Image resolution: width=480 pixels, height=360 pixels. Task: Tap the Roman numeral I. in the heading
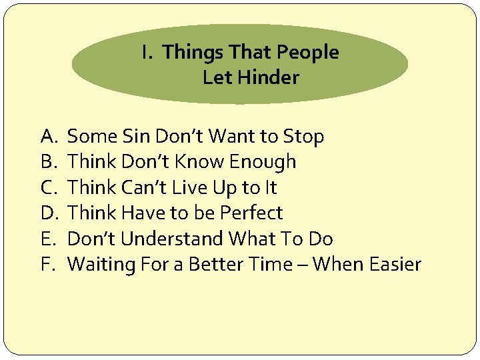tap(148, 53)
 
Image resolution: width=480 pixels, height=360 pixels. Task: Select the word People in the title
tap(309, 53)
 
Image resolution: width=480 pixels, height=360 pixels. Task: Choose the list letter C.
tap(48, 188)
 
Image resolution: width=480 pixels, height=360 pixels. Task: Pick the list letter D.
tap(49, 213)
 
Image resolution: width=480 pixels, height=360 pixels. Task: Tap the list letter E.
tap(47, 239)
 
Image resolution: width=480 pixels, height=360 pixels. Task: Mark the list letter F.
tap(47, 264)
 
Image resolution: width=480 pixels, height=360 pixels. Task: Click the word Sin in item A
tap(137, 137)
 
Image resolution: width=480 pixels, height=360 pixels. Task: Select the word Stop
tap(303, 137)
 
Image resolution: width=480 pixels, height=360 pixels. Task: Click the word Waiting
tap(101, 265)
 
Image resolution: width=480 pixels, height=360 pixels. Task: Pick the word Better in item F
tap(214, 264)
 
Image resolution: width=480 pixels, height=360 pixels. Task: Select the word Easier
tap(393, 264)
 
